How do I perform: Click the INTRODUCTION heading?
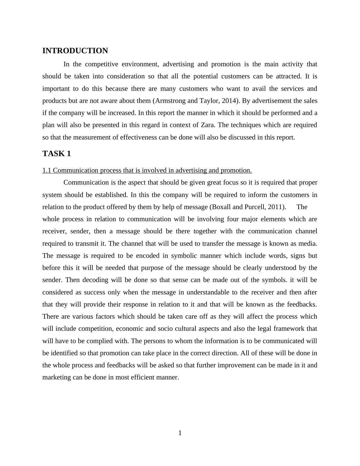(75, 51)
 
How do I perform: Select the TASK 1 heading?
(57, 154)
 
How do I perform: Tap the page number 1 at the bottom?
(180, 433)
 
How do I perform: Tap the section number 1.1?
(47, 170)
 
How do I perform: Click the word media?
(309, 244)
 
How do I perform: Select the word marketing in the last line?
(56, 377)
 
